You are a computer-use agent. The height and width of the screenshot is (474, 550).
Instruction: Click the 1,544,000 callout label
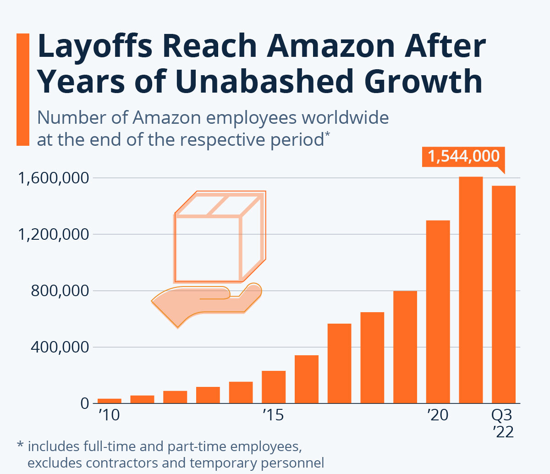click(463, 156)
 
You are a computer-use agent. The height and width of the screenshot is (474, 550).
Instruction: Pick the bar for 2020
click(438, 312)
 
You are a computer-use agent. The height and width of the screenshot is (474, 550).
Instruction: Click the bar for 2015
click(274, 387)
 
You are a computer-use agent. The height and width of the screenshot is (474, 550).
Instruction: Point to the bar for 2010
click(110, 401)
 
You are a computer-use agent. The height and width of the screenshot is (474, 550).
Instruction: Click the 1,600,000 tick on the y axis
click(53, 178)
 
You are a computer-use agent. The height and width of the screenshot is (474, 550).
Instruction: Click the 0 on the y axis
click(84, 404)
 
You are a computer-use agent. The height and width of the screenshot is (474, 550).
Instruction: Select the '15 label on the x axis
click(273, 415)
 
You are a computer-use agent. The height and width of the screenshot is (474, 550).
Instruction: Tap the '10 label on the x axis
click(109, 415)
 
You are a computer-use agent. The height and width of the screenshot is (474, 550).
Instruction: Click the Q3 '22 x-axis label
click(503, 423)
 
